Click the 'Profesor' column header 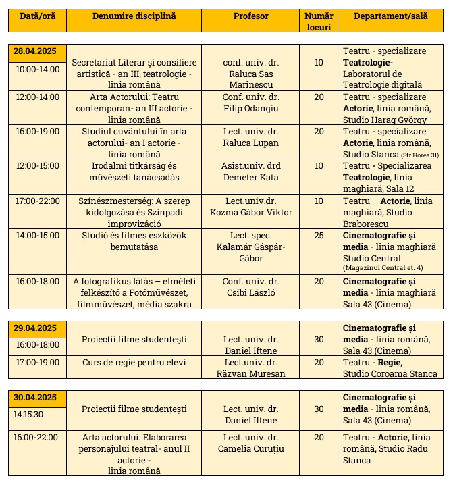pyautogui.click(x=250, y=16)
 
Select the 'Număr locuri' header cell pyautogui.click(x=318, y=21)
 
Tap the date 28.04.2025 pyautogui.click(x=34, y=51)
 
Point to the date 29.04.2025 pyautogui.click(x=34, y=328)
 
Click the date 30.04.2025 pyautogui.click(x=34, y=397)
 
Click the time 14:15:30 pyautogui.click(x=29, y=414)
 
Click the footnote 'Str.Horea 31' pyautogui.click(x=420, y=155)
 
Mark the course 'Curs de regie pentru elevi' pyautogui.click(x=134, y=363)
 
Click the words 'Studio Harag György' pyautogui.click(x=381, y=120)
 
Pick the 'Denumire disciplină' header pyautogui.click(x=134, y=16)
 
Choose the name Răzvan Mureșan pyautogui.click(x=250, y=373)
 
